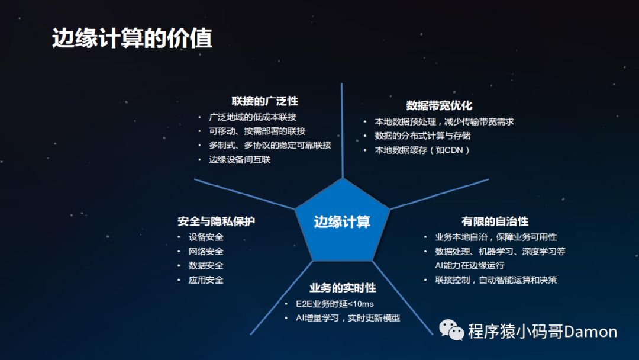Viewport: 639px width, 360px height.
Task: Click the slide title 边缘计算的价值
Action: tap(132, 38)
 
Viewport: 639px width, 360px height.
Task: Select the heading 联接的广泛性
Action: tap(265, 101)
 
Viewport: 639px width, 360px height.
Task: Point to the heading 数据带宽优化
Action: tap(439, 105)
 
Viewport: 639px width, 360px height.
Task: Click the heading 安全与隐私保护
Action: tap(217, 221)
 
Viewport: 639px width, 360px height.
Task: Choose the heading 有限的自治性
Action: tap(495, 221)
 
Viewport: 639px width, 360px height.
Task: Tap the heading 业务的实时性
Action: tap(343, 288)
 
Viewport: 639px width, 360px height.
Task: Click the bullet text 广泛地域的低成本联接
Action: tap(253, 117)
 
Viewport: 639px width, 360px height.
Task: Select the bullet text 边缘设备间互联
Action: tap(240, 160)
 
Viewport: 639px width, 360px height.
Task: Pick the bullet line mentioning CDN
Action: tap(422, 150)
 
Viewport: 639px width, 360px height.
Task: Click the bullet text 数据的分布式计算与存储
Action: tap(422, 136)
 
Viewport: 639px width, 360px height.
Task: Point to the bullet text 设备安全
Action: tap(206, 237)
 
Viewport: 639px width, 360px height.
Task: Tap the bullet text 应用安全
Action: tap(206, 280)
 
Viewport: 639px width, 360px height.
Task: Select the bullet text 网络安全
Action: tap(206, 252)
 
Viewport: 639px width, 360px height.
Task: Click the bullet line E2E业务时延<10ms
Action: tap(335, 304)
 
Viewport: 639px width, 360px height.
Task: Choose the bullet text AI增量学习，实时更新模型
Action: tap(348, 318)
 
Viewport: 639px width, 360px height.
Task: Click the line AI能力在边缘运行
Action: tap(470, 265)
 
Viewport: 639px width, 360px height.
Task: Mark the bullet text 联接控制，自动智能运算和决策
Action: tap(496, 280)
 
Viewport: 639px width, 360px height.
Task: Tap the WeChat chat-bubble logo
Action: tap(451, 330)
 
